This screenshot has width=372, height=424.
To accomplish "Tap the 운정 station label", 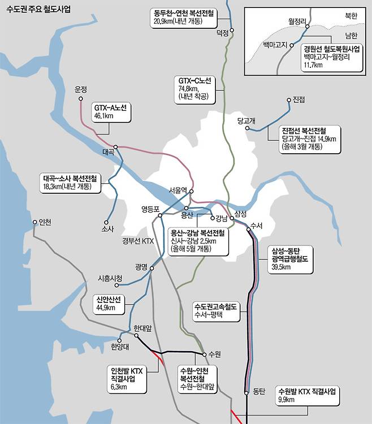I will point(81,89).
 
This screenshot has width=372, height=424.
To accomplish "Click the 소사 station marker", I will point(106,222).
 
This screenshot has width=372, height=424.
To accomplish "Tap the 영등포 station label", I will point(151,209).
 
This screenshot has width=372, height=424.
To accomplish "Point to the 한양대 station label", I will point(120,346).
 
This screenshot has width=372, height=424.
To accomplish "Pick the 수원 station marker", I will point(204,354).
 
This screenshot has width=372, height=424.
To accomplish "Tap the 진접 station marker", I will point(289,100).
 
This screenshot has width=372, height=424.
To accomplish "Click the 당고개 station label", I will point(247,120).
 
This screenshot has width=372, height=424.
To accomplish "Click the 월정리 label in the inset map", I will point(296,21).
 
